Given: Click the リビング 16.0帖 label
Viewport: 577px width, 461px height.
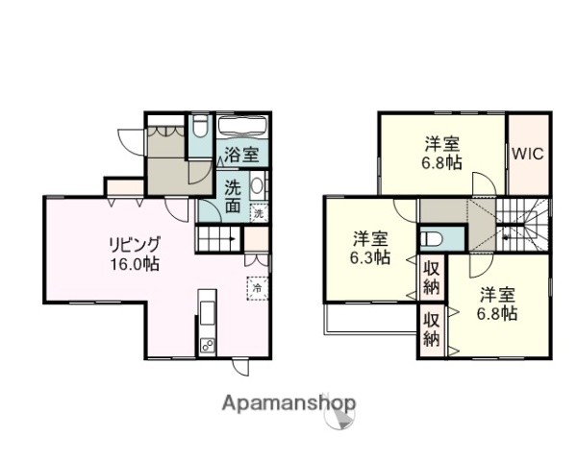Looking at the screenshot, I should [x=134, y=253].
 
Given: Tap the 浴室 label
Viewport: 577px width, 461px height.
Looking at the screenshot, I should [x=240, y=154].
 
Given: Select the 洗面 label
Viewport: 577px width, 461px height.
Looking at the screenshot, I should [x=234, y=195].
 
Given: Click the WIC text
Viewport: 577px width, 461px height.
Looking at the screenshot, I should [x=526, y=154].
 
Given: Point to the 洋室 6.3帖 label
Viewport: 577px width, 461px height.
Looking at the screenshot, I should [x=370, y=247].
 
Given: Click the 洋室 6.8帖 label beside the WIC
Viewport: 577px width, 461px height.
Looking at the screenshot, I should [x=442, y=154].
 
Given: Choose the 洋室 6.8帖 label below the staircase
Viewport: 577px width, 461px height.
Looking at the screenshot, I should [x=496, y=304].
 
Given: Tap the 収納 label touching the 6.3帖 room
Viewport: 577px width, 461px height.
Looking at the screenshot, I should [x=432, y=274].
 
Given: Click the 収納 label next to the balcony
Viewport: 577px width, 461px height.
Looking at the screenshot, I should [x=432, y=329].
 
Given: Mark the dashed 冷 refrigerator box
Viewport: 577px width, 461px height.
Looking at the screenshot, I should [x=258, y=287].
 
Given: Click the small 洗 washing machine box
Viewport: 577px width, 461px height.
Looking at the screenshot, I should [x=259, y=213].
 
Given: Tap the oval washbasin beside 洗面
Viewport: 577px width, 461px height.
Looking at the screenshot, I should [x=258, y=186].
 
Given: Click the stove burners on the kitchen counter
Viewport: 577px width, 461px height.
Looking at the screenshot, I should [x=207, y=345].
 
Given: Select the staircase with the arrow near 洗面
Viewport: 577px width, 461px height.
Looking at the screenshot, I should [x=219, y=238].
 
